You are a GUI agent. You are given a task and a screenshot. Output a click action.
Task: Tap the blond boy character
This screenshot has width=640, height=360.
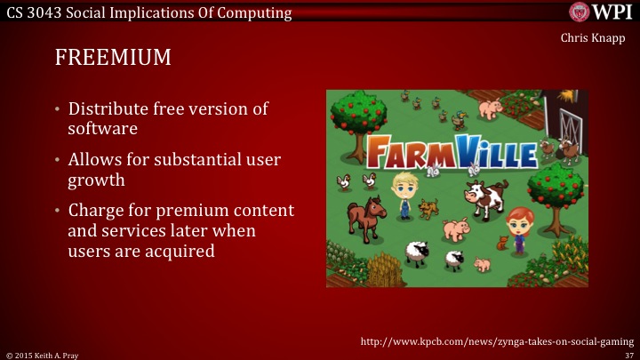[x=404, y=194]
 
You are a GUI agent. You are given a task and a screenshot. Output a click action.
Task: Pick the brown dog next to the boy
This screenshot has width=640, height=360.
[x=429, y=209]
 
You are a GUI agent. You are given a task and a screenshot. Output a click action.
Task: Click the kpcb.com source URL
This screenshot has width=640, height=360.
[x=496, y=340]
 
